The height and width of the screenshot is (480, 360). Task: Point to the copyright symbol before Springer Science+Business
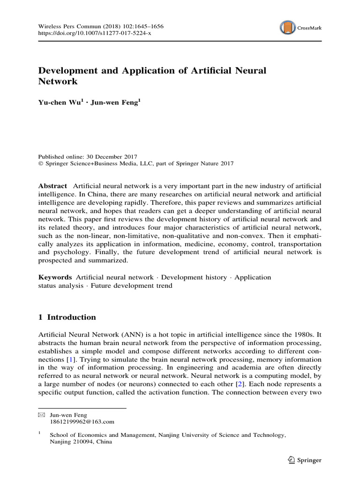pyautogui.click(x=40, y=164)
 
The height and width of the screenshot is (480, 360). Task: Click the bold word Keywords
pyautogui.click(x=55, y=277)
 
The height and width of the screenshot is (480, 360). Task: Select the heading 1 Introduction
pyautogui.click(x=67, y=317)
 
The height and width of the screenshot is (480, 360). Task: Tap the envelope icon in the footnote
pyautogui.click(x=41, y=414)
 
